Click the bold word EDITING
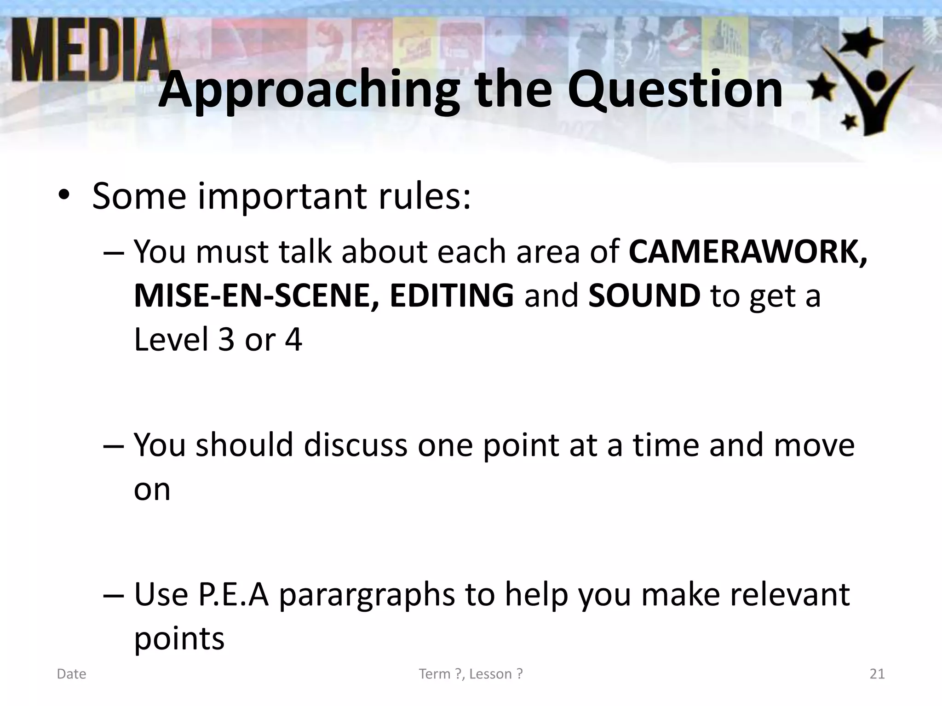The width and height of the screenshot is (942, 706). coord(452,296)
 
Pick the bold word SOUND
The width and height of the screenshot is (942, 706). coord(644,296)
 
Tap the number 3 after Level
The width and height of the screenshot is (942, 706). coord(226,339)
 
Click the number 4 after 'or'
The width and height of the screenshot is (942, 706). coord(293,339)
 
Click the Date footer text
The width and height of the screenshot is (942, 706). coord(71,674)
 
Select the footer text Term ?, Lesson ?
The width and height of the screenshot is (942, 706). coord(471,674)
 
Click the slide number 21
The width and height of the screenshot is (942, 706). coord(877,674)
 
